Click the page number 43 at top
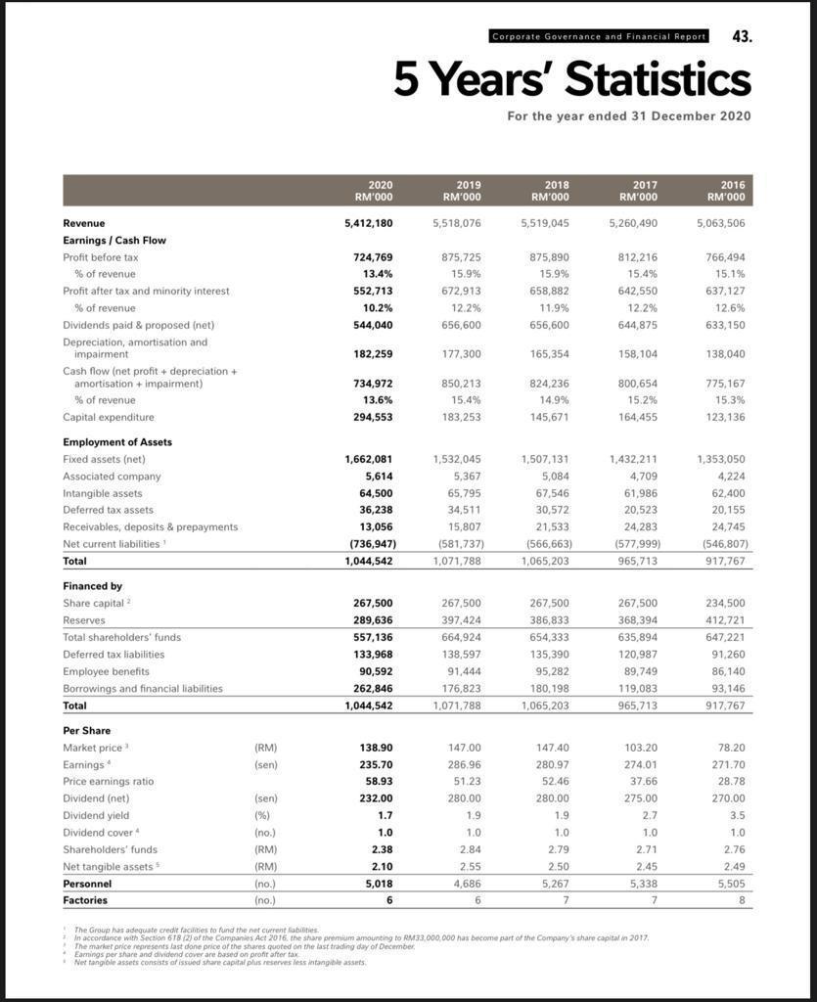(742, 36)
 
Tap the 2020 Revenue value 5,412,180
(369, 223)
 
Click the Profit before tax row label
(101, 256)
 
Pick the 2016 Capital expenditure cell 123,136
(721, 417)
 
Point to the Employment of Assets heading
(117, 442)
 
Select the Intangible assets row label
(103, 493)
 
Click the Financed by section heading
(93, 586)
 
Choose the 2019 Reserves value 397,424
(457, 620)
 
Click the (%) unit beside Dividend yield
(261, 815)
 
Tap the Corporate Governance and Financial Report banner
(599, 36)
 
